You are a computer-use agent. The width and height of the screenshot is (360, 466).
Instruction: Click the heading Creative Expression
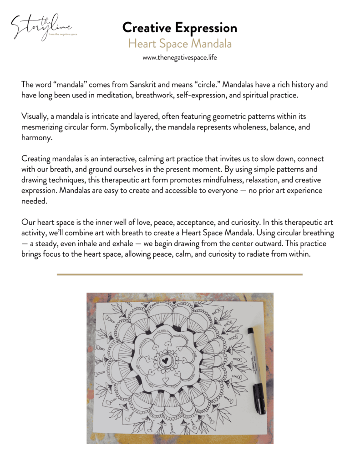point(180,28)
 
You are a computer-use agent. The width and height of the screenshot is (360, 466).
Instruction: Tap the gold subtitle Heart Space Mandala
point(180,44)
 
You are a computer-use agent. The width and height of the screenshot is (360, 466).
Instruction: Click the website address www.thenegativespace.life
point(180,58)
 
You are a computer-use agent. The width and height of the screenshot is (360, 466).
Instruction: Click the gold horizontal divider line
point(180,274)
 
